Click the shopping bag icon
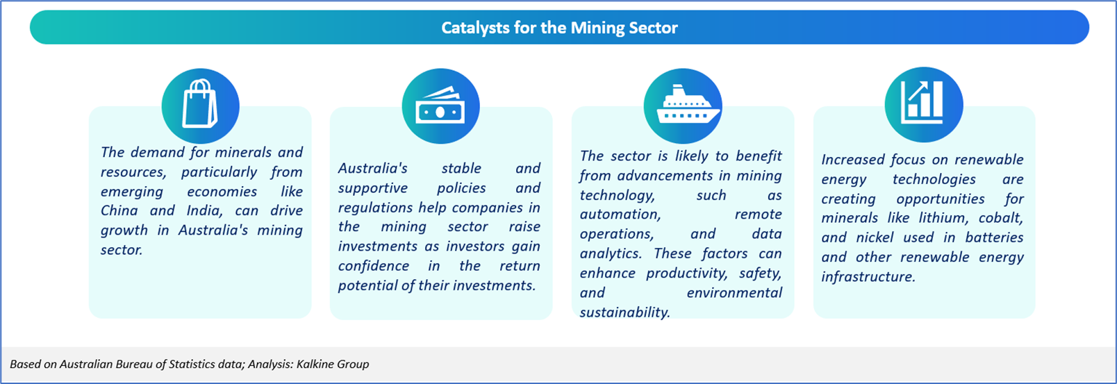click(200, 103)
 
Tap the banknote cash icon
click(440, 106)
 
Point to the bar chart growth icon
click(922, 102)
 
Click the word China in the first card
click(119, 210)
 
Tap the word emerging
click(132, 192)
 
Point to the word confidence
click(374, 266)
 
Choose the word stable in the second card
click(461, 168)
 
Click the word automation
click(620, 215)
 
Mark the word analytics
click(611, 254)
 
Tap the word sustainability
click(624, 312)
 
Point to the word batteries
click(994, 237)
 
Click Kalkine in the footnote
click(314, 364)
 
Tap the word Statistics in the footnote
click(192, 364)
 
